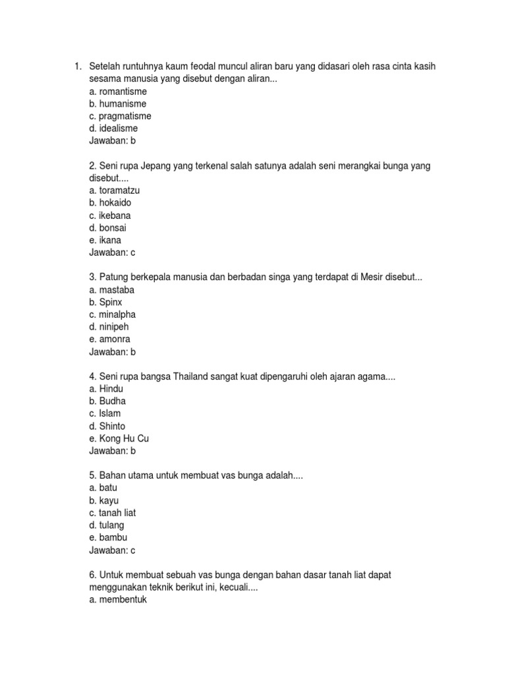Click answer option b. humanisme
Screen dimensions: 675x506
click(x=117, y=104)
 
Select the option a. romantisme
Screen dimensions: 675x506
click(x=118, y=92)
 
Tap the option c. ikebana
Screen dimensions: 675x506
click(x=110, y=215)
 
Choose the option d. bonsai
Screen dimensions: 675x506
click(x=108, y=227)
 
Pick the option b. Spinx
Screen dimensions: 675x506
click(x=105, y=302)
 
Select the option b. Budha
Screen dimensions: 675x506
click(x=107, y=401)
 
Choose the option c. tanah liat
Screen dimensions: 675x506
click(x=112, y=513)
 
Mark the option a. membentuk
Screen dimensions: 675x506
click(x=117, y=600)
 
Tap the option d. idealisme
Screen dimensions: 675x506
click(x=113, y=129)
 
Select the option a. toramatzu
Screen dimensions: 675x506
click(x=115, y=191)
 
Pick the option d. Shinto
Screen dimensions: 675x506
click(x=107, y=426)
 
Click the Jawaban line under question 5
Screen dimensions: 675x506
click(x=112, y=550)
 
